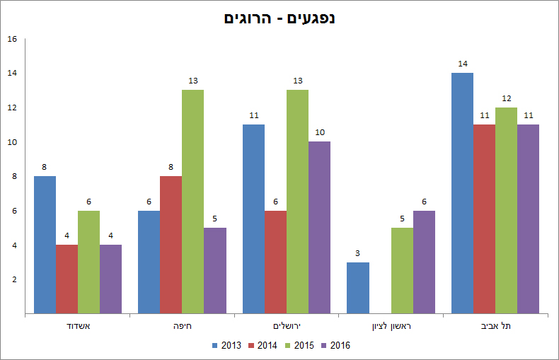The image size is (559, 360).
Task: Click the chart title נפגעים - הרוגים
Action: coord(279,17)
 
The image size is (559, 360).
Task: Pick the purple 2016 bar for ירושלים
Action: coord(319,227)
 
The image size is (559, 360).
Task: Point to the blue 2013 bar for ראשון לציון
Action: coord(358,287)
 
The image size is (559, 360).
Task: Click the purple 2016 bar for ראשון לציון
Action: coord(424,262)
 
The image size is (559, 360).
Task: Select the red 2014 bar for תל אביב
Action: coord(484,219)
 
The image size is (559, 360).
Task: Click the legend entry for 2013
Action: coord(226,346)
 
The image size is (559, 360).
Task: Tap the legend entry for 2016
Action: coord(335,346)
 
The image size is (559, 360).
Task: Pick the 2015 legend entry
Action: coord(299,346)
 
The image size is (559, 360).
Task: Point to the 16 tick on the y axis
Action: coord(12,39)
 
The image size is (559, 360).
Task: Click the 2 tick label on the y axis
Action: coord(14,279)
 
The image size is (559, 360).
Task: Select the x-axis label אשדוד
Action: coord(78,326)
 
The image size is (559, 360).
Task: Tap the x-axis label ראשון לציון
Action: coord(391,326)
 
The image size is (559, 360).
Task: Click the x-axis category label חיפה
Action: coord(182,326)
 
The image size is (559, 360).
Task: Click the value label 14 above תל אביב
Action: coord(463,64)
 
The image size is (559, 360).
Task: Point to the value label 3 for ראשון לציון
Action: coord(358,253)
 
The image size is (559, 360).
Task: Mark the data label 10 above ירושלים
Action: coord(319,132)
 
